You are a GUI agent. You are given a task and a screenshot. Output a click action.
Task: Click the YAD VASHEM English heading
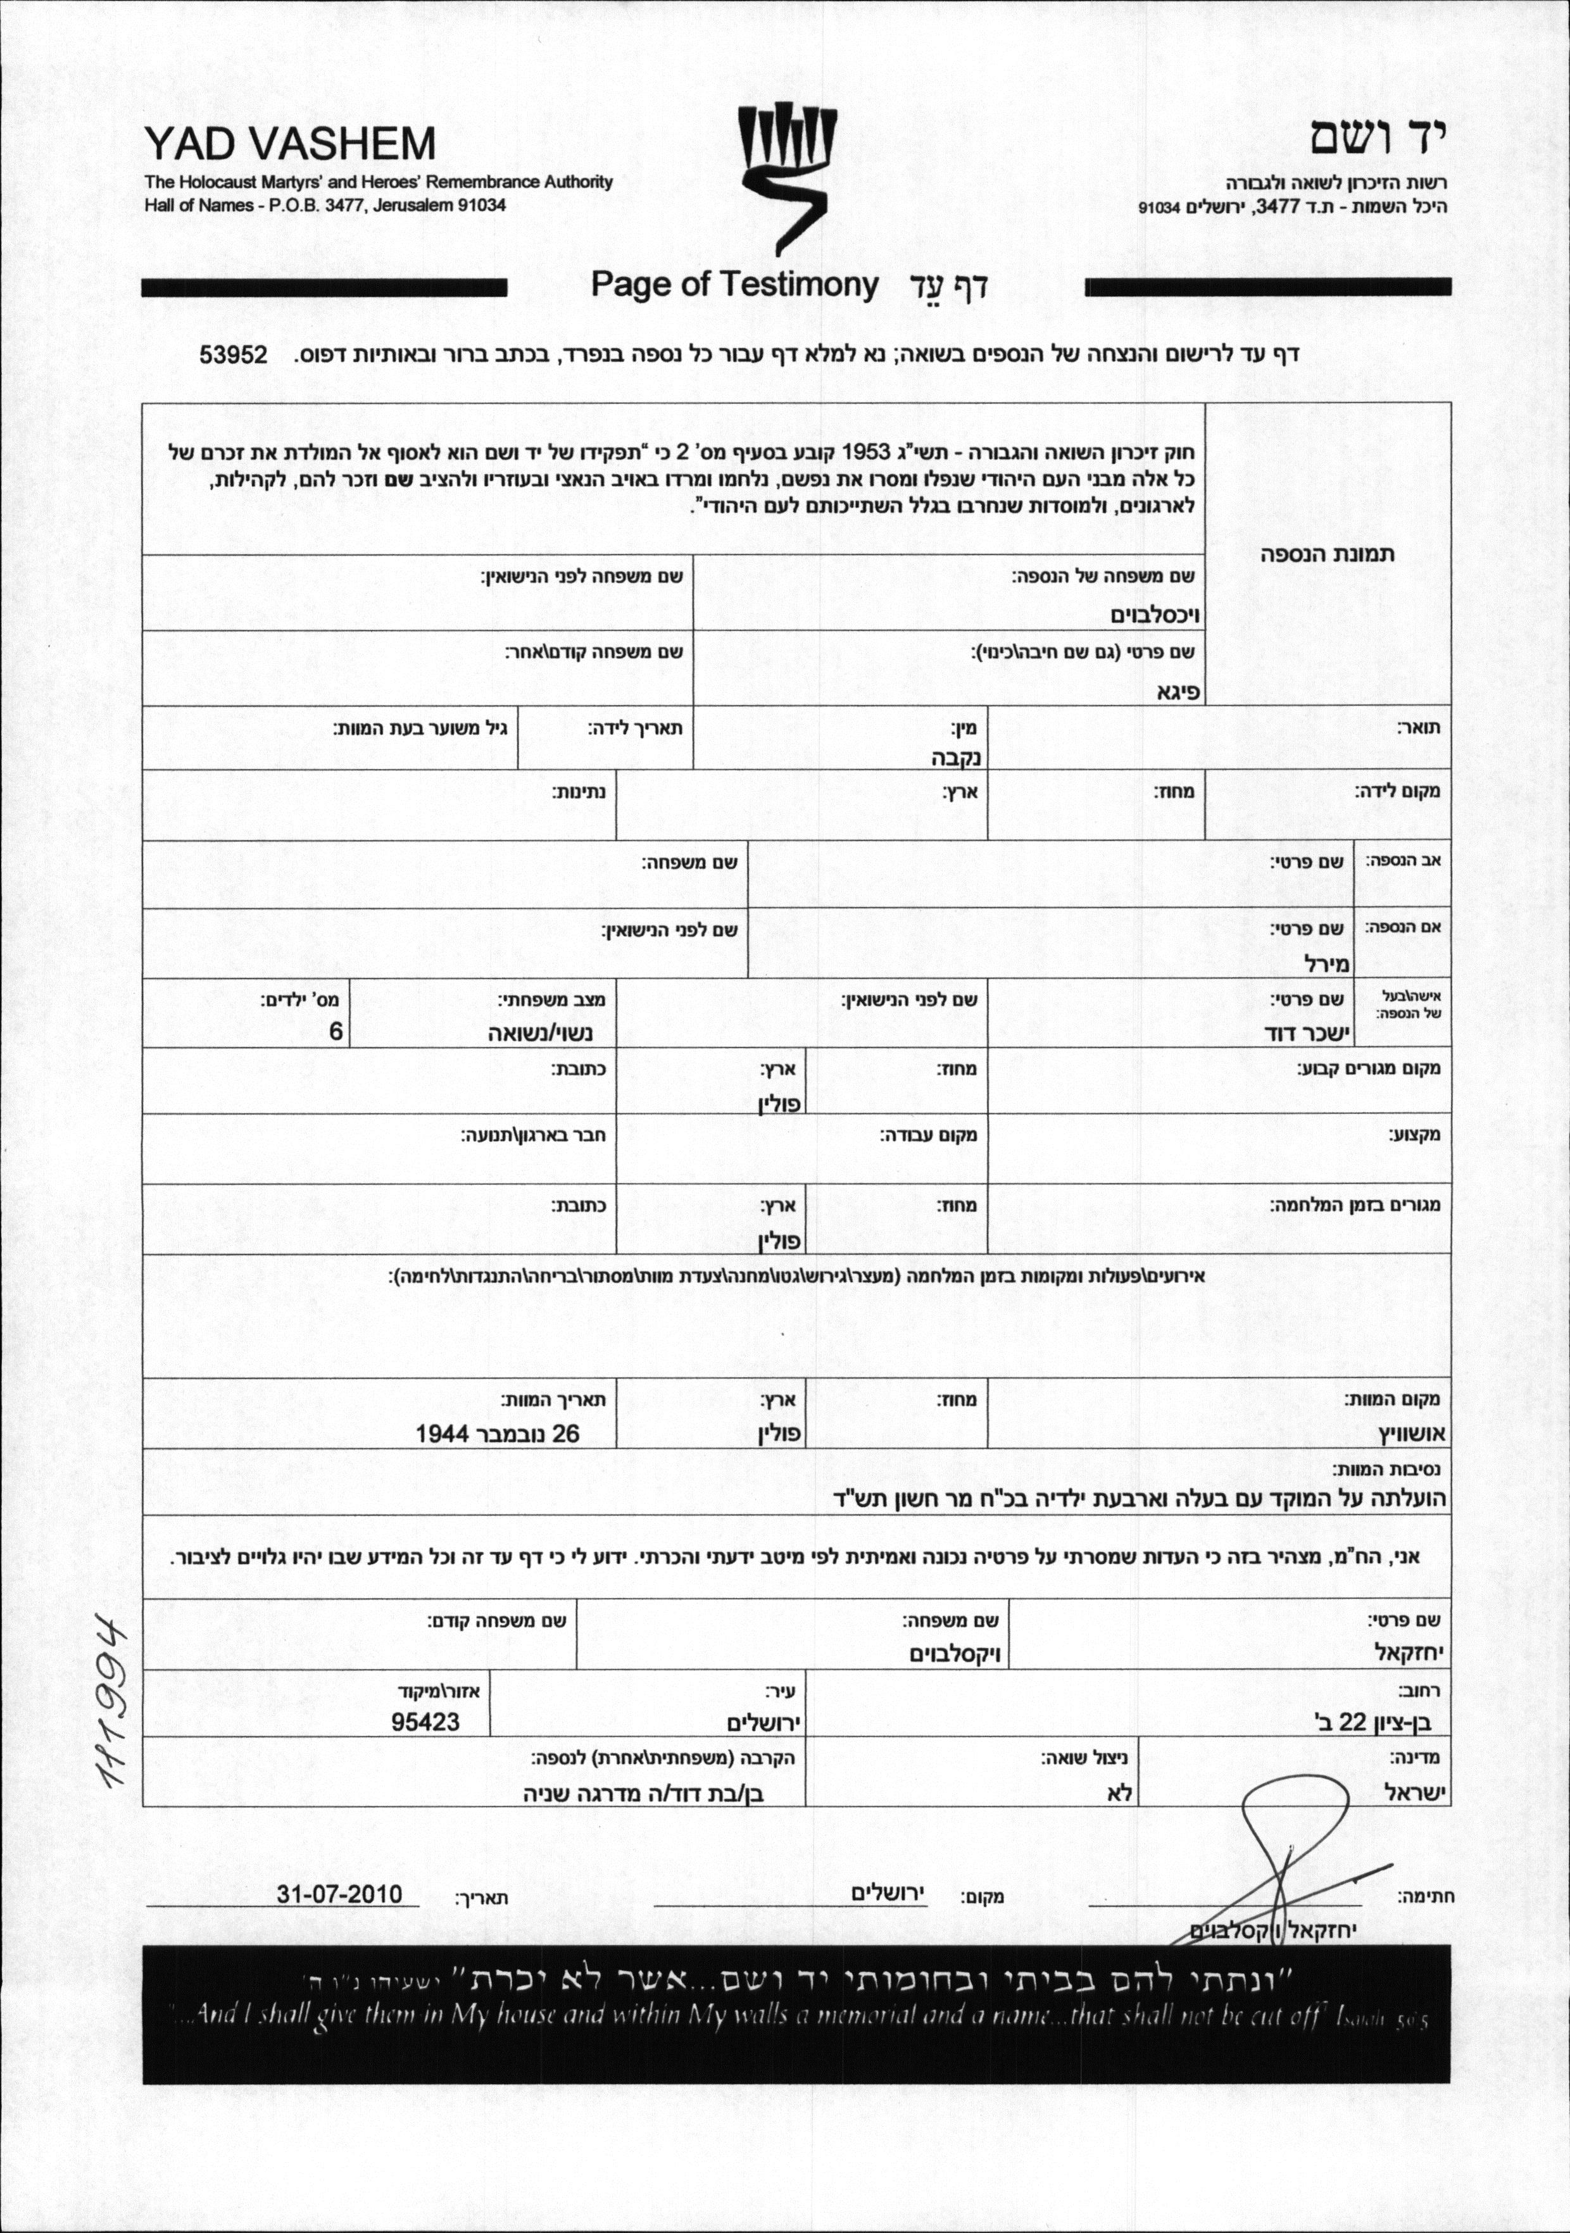tap(290, 144)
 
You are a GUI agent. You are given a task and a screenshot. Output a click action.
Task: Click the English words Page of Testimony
tap(734, 285)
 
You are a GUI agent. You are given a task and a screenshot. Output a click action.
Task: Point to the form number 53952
tap(234, 354)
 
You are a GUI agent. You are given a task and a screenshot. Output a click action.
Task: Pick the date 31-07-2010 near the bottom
tap(339, 1894)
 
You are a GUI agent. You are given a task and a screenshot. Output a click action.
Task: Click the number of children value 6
tap(335, 1032)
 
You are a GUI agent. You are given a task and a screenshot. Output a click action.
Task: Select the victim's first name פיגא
tap(1178, 692)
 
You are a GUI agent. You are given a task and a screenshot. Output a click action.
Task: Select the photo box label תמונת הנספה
tap(1327, 554)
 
